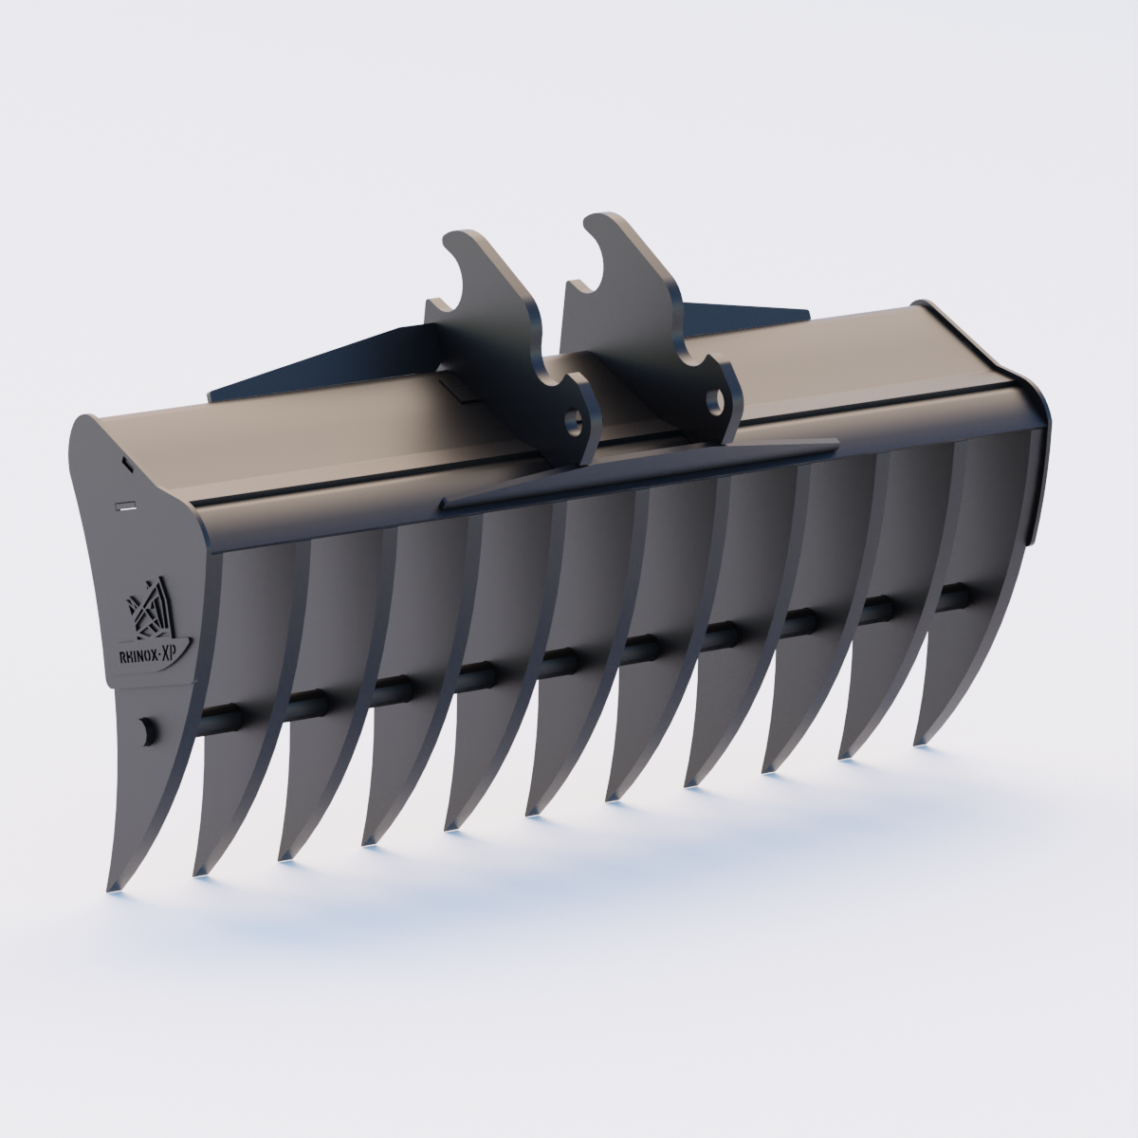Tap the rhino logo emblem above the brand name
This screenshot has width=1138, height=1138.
tap(150, 607)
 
